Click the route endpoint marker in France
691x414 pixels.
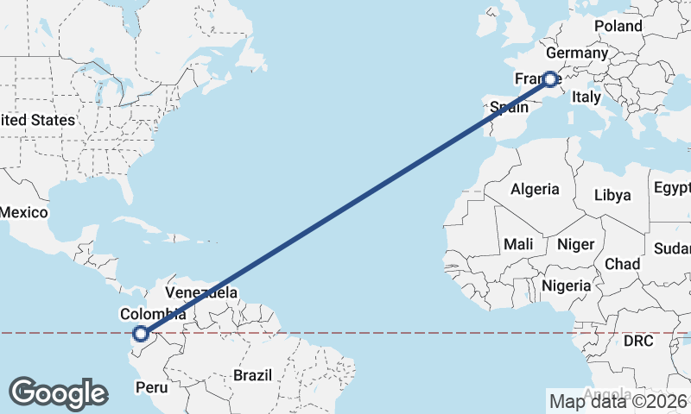coord(550,79)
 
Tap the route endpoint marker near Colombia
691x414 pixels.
coord(140,333)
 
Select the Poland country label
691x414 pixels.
coord(618,26)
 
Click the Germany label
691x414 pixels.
coord(577,53)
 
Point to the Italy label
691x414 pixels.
coord(586,97)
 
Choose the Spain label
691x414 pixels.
coord(509,108)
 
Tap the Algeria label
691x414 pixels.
coord(535,189)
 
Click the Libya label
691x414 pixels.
coord(613,195)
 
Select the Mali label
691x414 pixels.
coord(518,244)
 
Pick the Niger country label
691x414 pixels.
coord(575,244)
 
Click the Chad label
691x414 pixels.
coord(622,263)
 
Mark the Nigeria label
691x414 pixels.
coord(567,285)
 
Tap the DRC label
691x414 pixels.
coord(640,342)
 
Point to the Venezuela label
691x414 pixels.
coord(201,292)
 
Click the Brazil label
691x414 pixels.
coord(252,375)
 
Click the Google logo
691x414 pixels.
coord(58,393)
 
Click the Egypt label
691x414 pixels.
coord(672,188)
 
